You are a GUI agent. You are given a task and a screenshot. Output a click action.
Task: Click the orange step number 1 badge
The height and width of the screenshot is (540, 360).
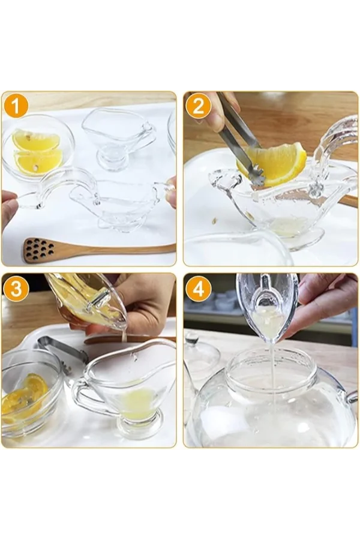[x=16, y=106]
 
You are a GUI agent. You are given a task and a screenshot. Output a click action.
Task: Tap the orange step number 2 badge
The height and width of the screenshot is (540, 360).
[x=198, y=106]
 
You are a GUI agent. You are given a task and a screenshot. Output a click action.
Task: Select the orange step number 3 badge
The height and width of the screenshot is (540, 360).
[x=16, y=289]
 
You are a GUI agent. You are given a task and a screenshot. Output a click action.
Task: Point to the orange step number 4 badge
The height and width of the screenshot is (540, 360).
[x=198, y=289]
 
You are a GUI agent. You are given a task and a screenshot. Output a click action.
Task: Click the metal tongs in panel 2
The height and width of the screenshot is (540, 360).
[x=237, y=135]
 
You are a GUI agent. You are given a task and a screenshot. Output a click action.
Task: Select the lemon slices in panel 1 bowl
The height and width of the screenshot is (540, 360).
[x=37, y=152]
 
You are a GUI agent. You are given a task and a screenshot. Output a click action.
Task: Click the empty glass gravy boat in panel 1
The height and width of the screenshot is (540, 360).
[x=117, y=135]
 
